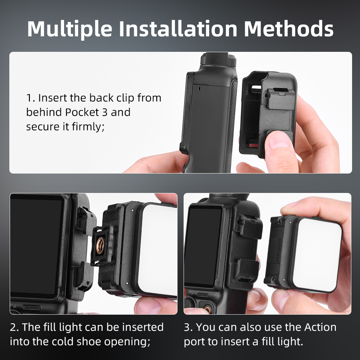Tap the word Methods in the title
(288, 28)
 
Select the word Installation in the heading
(178, 28)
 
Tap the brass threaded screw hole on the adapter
(100, 245)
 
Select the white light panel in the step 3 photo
(317, 255)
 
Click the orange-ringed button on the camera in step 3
(208, 309)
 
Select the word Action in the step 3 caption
(320, 327)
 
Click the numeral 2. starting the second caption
(14, 327)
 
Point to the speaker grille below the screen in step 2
(32, 308)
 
